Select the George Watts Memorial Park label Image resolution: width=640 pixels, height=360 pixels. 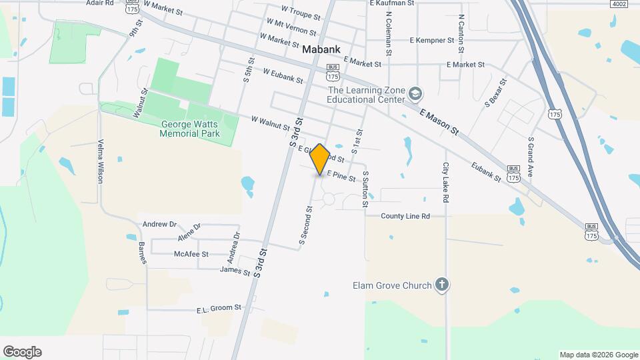click(189, 129)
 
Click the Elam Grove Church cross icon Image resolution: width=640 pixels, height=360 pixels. click(441, 285)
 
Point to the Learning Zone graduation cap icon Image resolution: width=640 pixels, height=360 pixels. click(416, 93)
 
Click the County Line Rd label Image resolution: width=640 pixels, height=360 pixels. click(405, 216)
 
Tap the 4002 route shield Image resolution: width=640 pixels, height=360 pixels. click(619, 4)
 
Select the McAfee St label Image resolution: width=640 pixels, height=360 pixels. click(191, 254)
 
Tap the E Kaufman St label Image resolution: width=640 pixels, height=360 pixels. click(392, 3)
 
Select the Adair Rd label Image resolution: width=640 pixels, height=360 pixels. click(100, 3)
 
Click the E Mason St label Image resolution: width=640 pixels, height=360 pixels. click(439, 123)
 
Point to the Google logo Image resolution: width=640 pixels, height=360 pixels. click(22, 352)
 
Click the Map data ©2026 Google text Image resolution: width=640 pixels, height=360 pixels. click(599, 355)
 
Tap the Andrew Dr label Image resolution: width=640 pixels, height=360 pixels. click(159, 225)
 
